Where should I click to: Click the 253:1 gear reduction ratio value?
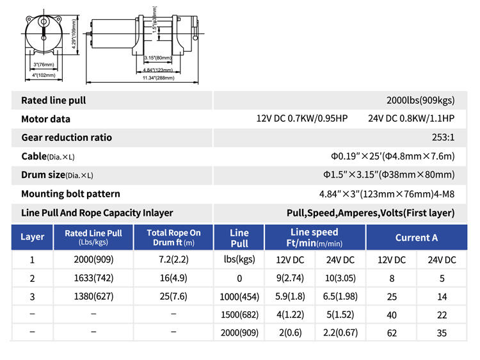[443, 137]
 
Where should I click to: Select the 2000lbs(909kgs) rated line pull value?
[420, 101]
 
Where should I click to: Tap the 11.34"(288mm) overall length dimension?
[158, 78]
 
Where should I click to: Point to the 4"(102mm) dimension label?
[44, 75]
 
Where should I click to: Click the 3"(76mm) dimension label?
[44, 65]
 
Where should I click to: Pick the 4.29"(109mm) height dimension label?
[74, 34]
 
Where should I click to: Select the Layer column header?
[32, 237]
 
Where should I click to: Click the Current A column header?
[417, 238]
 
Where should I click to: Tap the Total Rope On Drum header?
[173, 238]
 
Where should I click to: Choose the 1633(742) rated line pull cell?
[93, 278]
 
